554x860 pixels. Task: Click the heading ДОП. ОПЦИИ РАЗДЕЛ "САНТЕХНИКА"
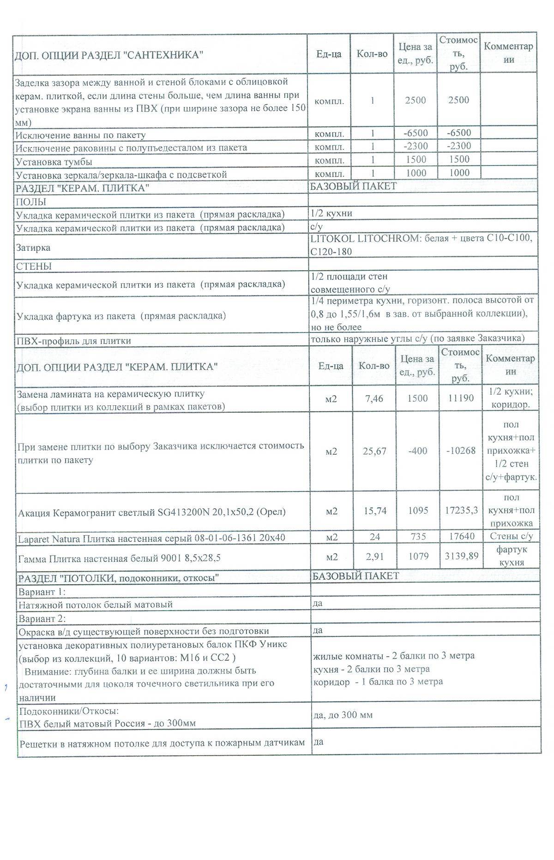tap(109, 55)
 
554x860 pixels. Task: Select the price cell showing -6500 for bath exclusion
tap(415, 133)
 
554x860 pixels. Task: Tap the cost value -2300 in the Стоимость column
tap(459, 146)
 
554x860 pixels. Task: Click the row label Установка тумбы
tap(54, 162)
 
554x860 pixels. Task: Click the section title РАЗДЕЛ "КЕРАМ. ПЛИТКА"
tap(83, 189)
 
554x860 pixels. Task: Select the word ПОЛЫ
tap(31, 202)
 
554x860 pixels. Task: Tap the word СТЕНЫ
tap(34, 267)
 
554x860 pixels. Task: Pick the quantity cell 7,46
tap(374, 398)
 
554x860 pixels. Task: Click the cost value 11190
tap(461, 398)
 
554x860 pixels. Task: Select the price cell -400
tap(417, 451)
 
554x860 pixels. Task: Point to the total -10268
tap(461, 451)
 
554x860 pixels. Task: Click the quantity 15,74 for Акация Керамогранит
tap(374, 511)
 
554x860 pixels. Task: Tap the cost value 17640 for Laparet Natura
tap(461, 537)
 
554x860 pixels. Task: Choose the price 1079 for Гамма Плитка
tap(418, 557)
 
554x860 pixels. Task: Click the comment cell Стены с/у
tap(511, 536)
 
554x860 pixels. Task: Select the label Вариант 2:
tap(42, 618)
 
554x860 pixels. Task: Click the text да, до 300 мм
tap(343, 715)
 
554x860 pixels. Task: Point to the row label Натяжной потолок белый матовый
tap(96, 604)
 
